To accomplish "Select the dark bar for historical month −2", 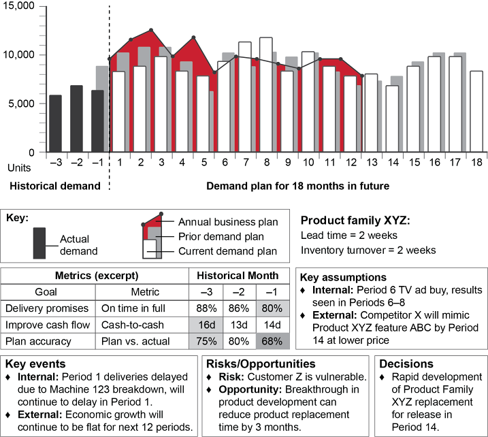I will [76, 118].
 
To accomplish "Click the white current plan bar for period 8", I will [265, 95].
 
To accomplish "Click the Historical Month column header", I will [238, 275].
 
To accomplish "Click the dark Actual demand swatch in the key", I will [39, 242].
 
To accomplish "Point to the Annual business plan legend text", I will [228, 222].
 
